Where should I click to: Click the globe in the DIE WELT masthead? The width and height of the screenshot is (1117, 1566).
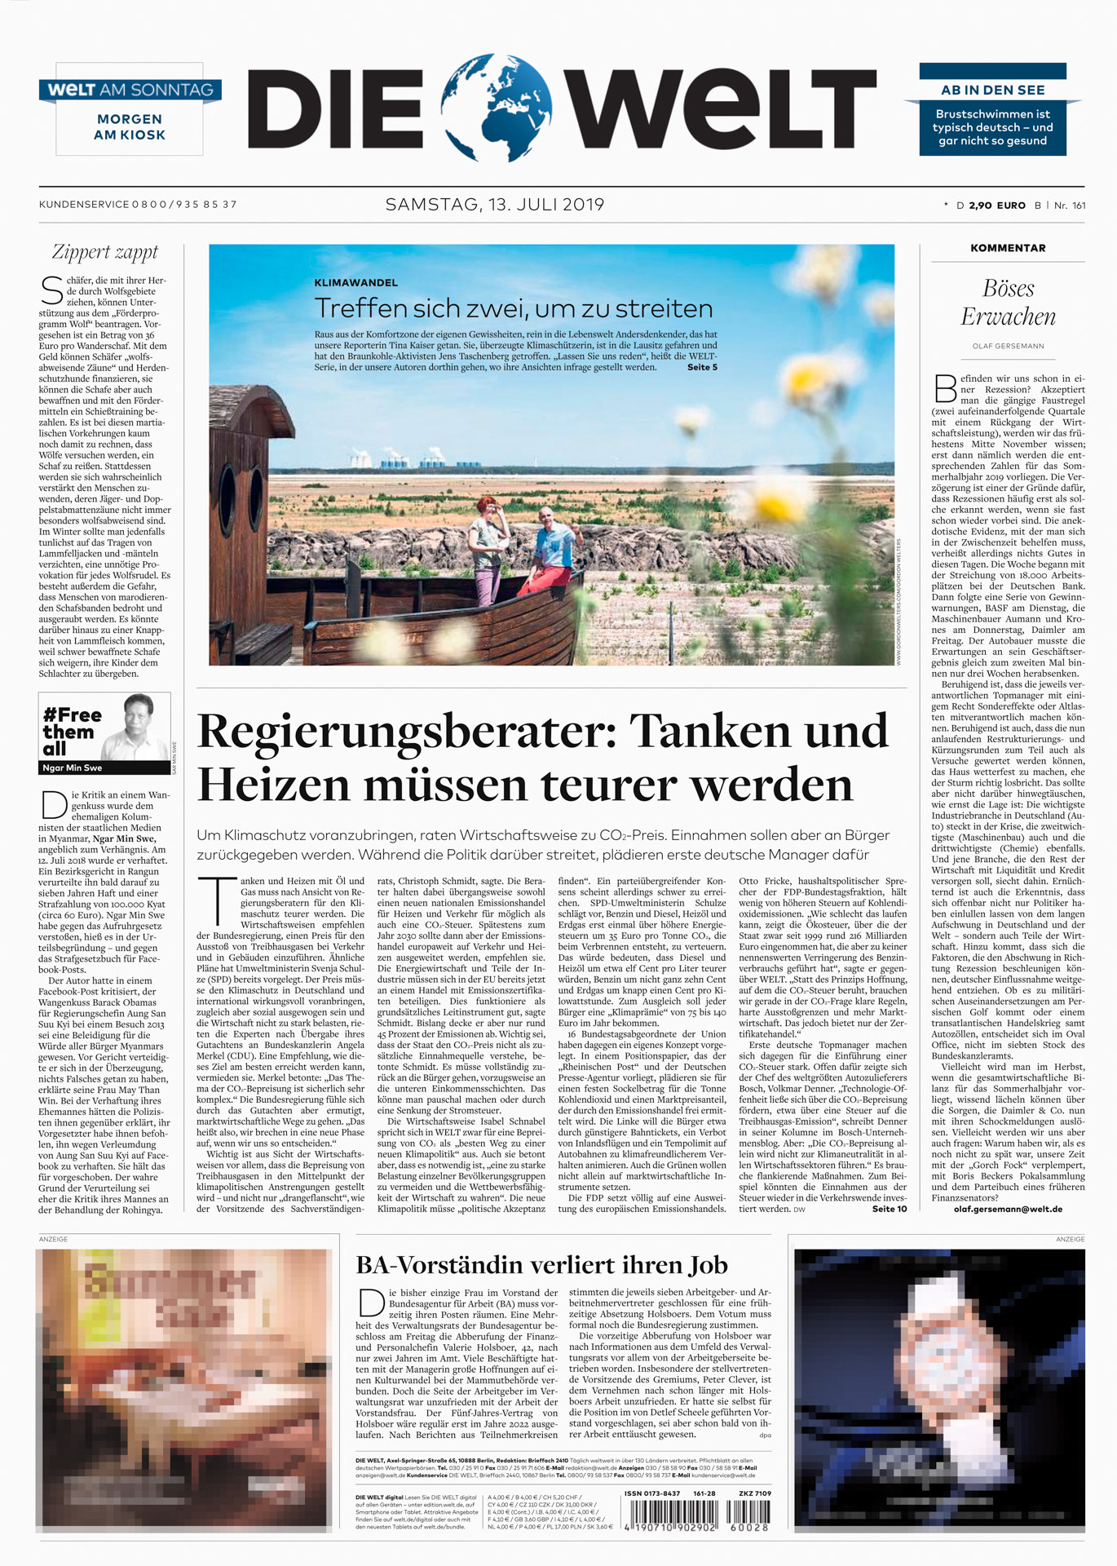(497, 107)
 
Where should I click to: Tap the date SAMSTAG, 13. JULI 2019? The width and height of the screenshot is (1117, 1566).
(495, 205)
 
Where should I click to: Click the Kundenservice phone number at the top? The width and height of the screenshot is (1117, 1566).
(184, 205)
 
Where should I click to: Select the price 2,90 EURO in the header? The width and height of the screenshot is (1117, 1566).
(997, 206)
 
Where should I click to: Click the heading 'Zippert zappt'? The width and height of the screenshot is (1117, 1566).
(105, 252)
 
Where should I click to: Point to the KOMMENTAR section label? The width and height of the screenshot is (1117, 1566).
(1008, 248)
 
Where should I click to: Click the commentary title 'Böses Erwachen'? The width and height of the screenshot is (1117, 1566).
(1008, 302)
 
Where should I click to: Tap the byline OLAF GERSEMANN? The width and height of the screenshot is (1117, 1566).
(1008, 346)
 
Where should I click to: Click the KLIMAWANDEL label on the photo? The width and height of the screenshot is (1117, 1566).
(356, 283)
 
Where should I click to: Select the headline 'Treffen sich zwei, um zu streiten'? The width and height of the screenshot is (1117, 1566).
(514, 308)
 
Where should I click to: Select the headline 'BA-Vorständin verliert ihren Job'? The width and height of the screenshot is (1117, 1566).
(542, 1265)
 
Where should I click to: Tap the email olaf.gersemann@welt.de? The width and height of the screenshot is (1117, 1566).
(1008, 1210)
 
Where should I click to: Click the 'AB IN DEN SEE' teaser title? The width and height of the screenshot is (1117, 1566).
(992, 90)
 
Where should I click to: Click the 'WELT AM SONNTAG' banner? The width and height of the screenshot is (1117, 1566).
(130, 90)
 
